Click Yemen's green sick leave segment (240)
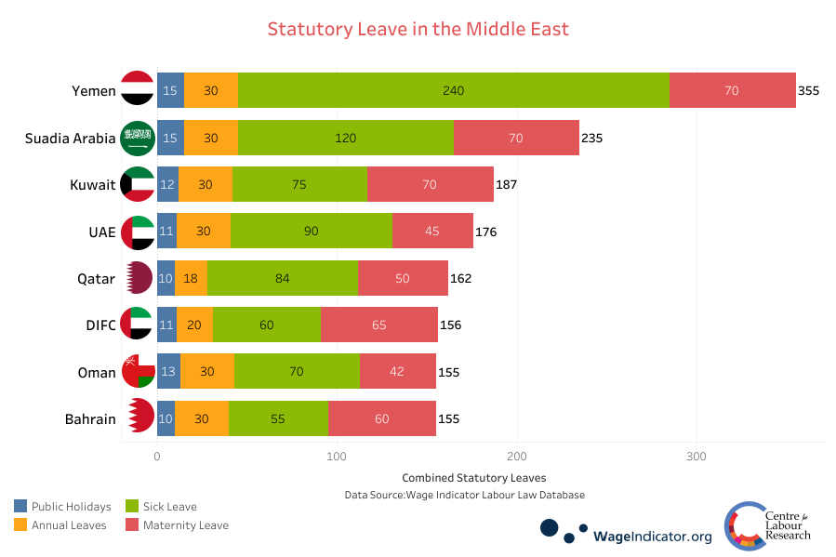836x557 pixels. tap(453, 90)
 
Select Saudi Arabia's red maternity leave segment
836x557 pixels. tap(516, 138)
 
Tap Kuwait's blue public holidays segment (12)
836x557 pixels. tap(167, 184)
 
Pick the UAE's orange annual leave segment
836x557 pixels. tap(204, 231)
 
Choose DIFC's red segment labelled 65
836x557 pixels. tap(378, 325)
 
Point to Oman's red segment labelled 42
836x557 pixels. tap(397, 372)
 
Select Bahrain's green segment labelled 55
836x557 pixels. tap(278, 418)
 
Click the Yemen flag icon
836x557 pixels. tap(138, 90)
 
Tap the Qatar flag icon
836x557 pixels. tap(138, 278)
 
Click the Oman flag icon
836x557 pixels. tap(138, 372)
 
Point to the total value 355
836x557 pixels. tap(808, 91)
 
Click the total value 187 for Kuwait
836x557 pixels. tap(506, 184)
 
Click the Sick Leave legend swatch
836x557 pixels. tap(132, 507)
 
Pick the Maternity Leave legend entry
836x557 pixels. tap(184, 525)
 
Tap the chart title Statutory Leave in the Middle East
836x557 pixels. tap(418, 29)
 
